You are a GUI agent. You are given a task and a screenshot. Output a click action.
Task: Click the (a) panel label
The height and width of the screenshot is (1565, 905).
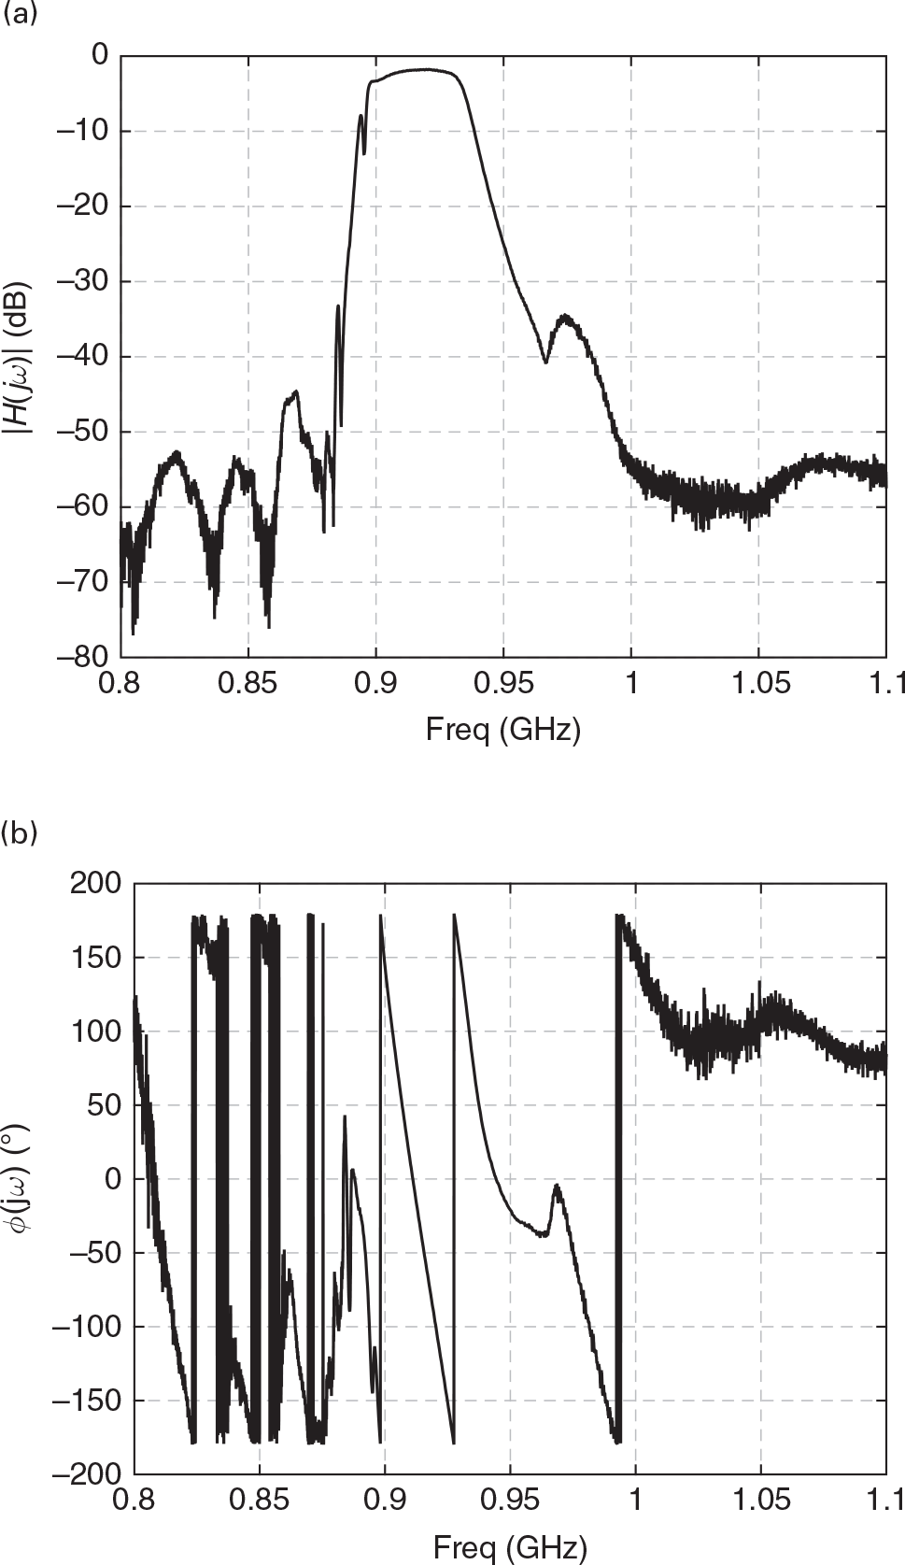21,16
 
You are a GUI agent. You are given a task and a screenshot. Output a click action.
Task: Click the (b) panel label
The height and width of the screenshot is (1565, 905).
21,832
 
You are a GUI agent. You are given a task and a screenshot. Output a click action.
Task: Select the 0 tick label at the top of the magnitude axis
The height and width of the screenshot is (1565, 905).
100,56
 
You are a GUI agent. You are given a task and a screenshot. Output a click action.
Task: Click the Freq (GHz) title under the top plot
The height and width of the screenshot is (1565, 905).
502,729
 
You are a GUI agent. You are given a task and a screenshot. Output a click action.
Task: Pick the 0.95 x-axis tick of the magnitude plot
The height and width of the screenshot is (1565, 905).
503,683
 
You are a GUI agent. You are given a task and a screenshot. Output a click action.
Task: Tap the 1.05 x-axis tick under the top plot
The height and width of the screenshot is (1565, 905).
758,683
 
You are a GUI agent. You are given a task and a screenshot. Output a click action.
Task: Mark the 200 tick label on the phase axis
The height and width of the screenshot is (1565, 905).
95,883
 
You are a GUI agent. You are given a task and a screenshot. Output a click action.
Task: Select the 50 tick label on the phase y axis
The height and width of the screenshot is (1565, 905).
103,1104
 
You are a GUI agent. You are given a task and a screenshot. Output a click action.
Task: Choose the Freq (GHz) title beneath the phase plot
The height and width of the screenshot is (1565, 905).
509,1547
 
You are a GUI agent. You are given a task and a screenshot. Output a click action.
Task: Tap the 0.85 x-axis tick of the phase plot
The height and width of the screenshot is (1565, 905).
259,1501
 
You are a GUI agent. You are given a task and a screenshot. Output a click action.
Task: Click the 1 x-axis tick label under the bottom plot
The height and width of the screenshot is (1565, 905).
635,1501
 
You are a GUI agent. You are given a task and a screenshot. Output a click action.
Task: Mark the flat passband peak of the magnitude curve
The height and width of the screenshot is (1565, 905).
425,70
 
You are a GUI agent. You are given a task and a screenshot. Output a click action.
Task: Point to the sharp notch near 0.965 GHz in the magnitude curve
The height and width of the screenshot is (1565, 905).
545,361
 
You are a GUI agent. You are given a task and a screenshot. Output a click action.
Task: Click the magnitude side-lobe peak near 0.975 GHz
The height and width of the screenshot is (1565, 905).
565,317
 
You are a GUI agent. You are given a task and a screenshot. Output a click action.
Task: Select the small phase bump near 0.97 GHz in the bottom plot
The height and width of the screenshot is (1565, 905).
557,1187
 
